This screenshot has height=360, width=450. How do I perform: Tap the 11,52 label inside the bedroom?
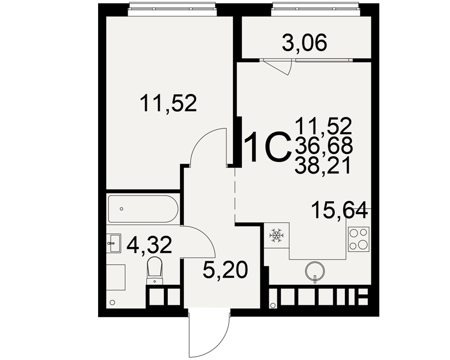pos(168,103)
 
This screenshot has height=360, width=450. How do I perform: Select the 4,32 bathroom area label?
pos(149,245)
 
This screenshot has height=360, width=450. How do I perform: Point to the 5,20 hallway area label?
pos(225,270)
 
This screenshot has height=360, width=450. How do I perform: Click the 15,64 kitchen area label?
pos(340,210)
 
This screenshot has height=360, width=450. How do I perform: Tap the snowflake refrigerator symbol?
pos(276,235)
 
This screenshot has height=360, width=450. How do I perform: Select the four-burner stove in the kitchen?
pos(359,239)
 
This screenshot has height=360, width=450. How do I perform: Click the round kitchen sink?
pos(315,271)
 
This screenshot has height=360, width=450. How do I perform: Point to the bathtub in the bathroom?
pos(143,209)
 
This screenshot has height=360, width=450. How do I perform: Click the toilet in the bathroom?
pos(154,270)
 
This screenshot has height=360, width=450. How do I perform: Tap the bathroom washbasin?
pos(115,243)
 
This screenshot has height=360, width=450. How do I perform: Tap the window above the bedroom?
pos(172,9)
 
